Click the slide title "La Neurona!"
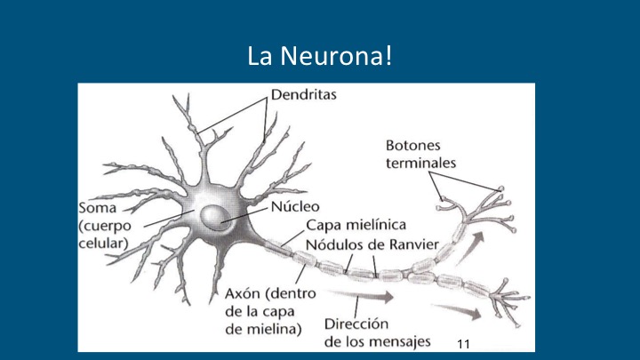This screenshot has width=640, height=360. pos(320,56)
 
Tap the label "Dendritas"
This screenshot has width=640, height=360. pos(304,95)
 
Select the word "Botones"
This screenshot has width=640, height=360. pos(413,145)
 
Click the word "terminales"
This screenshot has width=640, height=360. pos(420,164)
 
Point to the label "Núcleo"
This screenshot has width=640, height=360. pos(295,206)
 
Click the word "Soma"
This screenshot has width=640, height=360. pos(98,208)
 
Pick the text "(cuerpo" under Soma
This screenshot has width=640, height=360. pos(105,226)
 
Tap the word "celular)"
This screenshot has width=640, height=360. pos(104,244)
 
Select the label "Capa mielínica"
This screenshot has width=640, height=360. pos(356,225)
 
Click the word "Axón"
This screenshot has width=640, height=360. pos(243,293)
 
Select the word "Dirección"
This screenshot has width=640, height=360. pos(356,324)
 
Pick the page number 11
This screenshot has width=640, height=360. pos(463,344)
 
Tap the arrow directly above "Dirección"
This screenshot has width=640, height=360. pos(360,295)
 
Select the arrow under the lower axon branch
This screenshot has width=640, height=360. pos(456,312)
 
